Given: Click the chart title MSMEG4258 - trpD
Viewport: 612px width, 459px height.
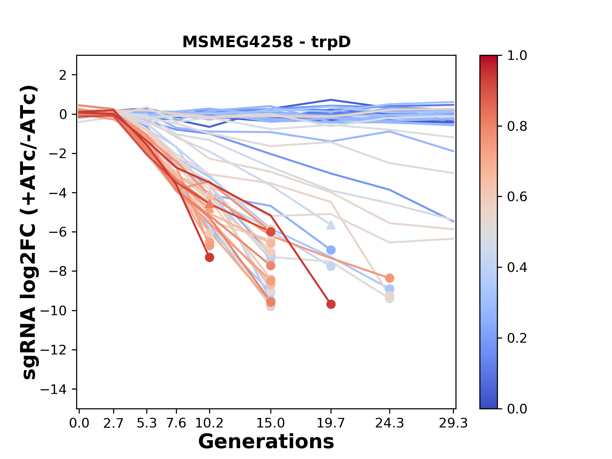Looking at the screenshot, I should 266,42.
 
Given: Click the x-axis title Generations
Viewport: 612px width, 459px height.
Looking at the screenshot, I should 266,441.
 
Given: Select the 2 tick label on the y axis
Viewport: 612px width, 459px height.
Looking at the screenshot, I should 63,75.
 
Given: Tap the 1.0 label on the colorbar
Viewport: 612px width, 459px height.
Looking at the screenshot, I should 517,55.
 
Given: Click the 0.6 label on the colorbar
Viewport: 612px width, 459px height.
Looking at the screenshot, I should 517,197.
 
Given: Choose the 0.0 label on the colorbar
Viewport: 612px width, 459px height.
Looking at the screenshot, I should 517,409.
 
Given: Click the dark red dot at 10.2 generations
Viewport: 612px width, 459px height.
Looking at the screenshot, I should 209,257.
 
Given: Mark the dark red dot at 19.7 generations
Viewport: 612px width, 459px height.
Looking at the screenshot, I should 331,304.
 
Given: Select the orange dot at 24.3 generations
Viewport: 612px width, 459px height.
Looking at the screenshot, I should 390,278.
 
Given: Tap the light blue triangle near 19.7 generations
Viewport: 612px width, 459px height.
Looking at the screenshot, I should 331,225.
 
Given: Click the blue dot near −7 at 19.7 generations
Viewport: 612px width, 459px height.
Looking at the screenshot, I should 331,250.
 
